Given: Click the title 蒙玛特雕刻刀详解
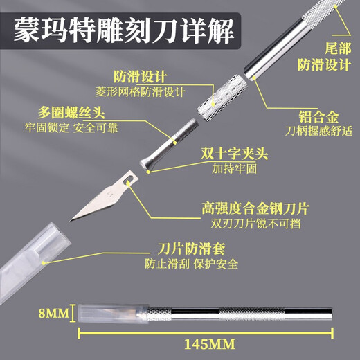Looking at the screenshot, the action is coord(124,31).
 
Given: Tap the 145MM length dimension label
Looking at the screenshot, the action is coord(210,344).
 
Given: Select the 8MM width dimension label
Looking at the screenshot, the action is coord(53,313).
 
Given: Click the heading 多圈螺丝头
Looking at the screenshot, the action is coord(71,112).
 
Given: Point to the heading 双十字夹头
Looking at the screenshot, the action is coord(234,154).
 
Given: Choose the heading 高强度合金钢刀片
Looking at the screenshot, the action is coord(255,208).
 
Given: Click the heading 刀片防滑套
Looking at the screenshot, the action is coord(191,249).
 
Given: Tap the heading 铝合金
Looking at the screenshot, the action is coord(318,117).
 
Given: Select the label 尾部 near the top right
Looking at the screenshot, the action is coord(338,48).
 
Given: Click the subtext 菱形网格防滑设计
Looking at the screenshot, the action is coord(141,92).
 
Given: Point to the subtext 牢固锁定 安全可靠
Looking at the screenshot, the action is coord(71,127).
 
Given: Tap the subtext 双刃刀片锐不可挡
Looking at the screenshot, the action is coord(255,224).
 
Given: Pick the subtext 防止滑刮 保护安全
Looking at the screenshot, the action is coord(191,264).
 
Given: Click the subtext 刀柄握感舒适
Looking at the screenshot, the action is coord(318,131).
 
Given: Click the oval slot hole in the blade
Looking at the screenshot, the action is coord(129,179).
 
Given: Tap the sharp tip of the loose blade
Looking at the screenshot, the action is coord(70,221).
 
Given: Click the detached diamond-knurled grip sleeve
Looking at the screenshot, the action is coord(222,98).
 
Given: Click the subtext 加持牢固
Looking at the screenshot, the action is coord(234,168).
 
